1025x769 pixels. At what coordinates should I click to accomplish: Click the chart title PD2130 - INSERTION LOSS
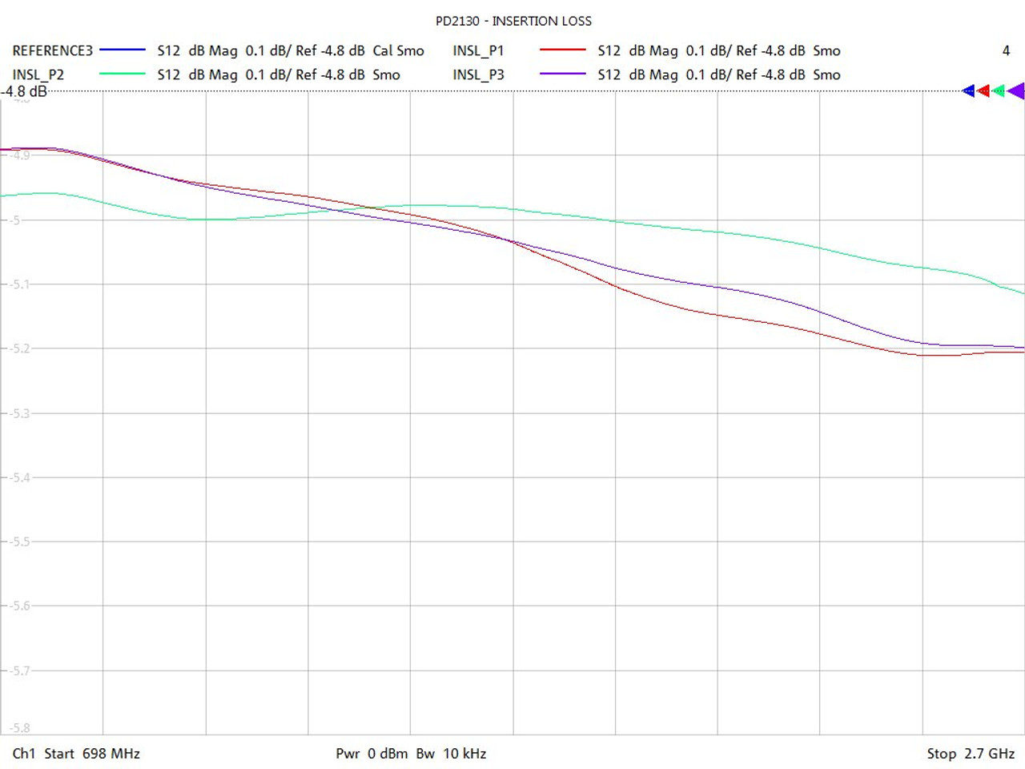coord(513,21)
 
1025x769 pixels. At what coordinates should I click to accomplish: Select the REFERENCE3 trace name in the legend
coord(53,50)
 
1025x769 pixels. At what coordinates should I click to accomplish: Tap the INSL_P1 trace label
coord(478,50)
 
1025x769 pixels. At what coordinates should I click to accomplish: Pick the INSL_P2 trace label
coord(38,74)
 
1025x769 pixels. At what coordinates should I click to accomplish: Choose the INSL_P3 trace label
coord(478,74)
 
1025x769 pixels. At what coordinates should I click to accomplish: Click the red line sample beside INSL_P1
coord(563,50)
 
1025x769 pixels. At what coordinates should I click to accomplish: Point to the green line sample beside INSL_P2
coord(123,74)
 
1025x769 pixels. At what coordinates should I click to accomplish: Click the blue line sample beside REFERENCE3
coord(123,50)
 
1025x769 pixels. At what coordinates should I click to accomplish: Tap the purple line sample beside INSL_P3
coord(563,74)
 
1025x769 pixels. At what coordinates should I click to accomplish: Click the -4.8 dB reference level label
coord(24,91)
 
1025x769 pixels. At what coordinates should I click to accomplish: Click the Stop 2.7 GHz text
coord(971,754)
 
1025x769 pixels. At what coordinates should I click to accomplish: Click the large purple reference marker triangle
coord(1016,91)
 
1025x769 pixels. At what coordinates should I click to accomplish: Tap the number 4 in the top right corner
coord(1006,50)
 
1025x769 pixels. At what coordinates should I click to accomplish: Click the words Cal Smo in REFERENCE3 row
coord(398,50)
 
